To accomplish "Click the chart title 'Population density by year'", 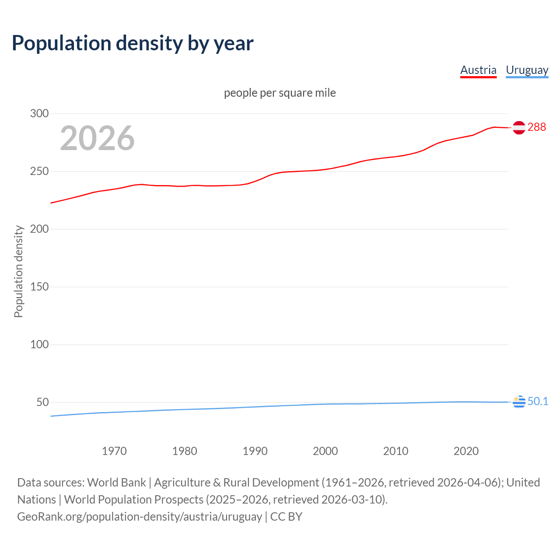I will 133,43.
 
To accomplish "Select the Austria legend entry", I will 478,70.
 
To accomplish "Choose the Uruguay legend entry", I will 527,70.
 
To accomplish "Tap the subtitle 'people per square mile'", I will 280,93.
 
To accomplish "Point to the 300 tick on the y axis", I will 39,114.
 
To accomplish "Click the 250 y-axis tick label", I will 39,171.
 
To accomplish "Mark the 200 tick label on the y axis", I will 39,229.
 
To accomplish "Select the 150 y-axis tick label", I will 39,287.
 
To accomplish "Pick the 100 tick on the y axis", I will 39,345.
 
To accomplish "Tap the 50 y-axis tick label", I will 42,402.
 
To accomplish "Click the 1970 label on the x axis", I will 114,451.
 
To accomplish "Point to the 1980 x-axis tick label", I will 185,451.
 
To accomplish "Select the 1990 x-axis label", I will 255,451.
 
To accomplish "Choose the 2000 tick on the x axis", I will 325,451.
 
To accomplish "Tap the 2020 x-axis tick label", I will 466,451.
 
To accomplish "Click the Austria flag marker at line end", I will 519,128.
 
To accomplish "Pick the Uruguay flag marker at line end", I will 519,402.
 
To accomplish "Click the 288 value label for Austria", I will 537,127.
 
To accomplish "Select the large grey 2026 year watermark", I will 97,138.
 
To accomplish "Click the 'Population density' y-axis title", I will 18,271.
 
